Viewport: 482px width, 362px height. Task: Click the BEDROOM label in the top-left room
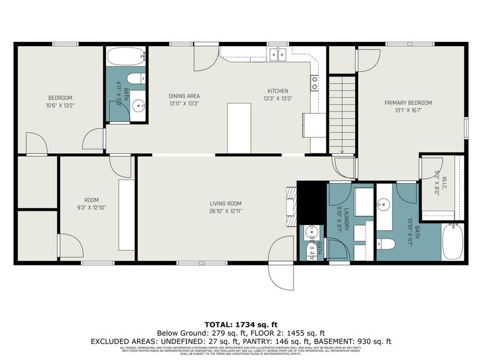[60, 98]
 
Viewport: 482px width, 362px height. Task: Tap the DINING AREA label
[184, 97]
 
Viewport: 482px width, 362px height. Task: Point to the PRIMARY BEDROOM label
[408, 102]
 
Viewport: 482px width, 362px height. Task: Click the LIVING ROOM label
[225, 203]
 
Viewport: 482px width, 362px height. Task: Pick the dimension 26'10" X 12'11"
[225, 211]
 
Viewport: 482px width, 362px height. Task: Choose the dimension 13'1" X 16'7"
[408, 110]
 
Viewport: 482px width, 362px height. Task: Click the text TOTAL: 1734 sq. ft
[240, 324]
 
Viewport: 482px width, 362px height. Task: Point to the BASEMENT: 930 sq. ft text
[360, 341]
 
